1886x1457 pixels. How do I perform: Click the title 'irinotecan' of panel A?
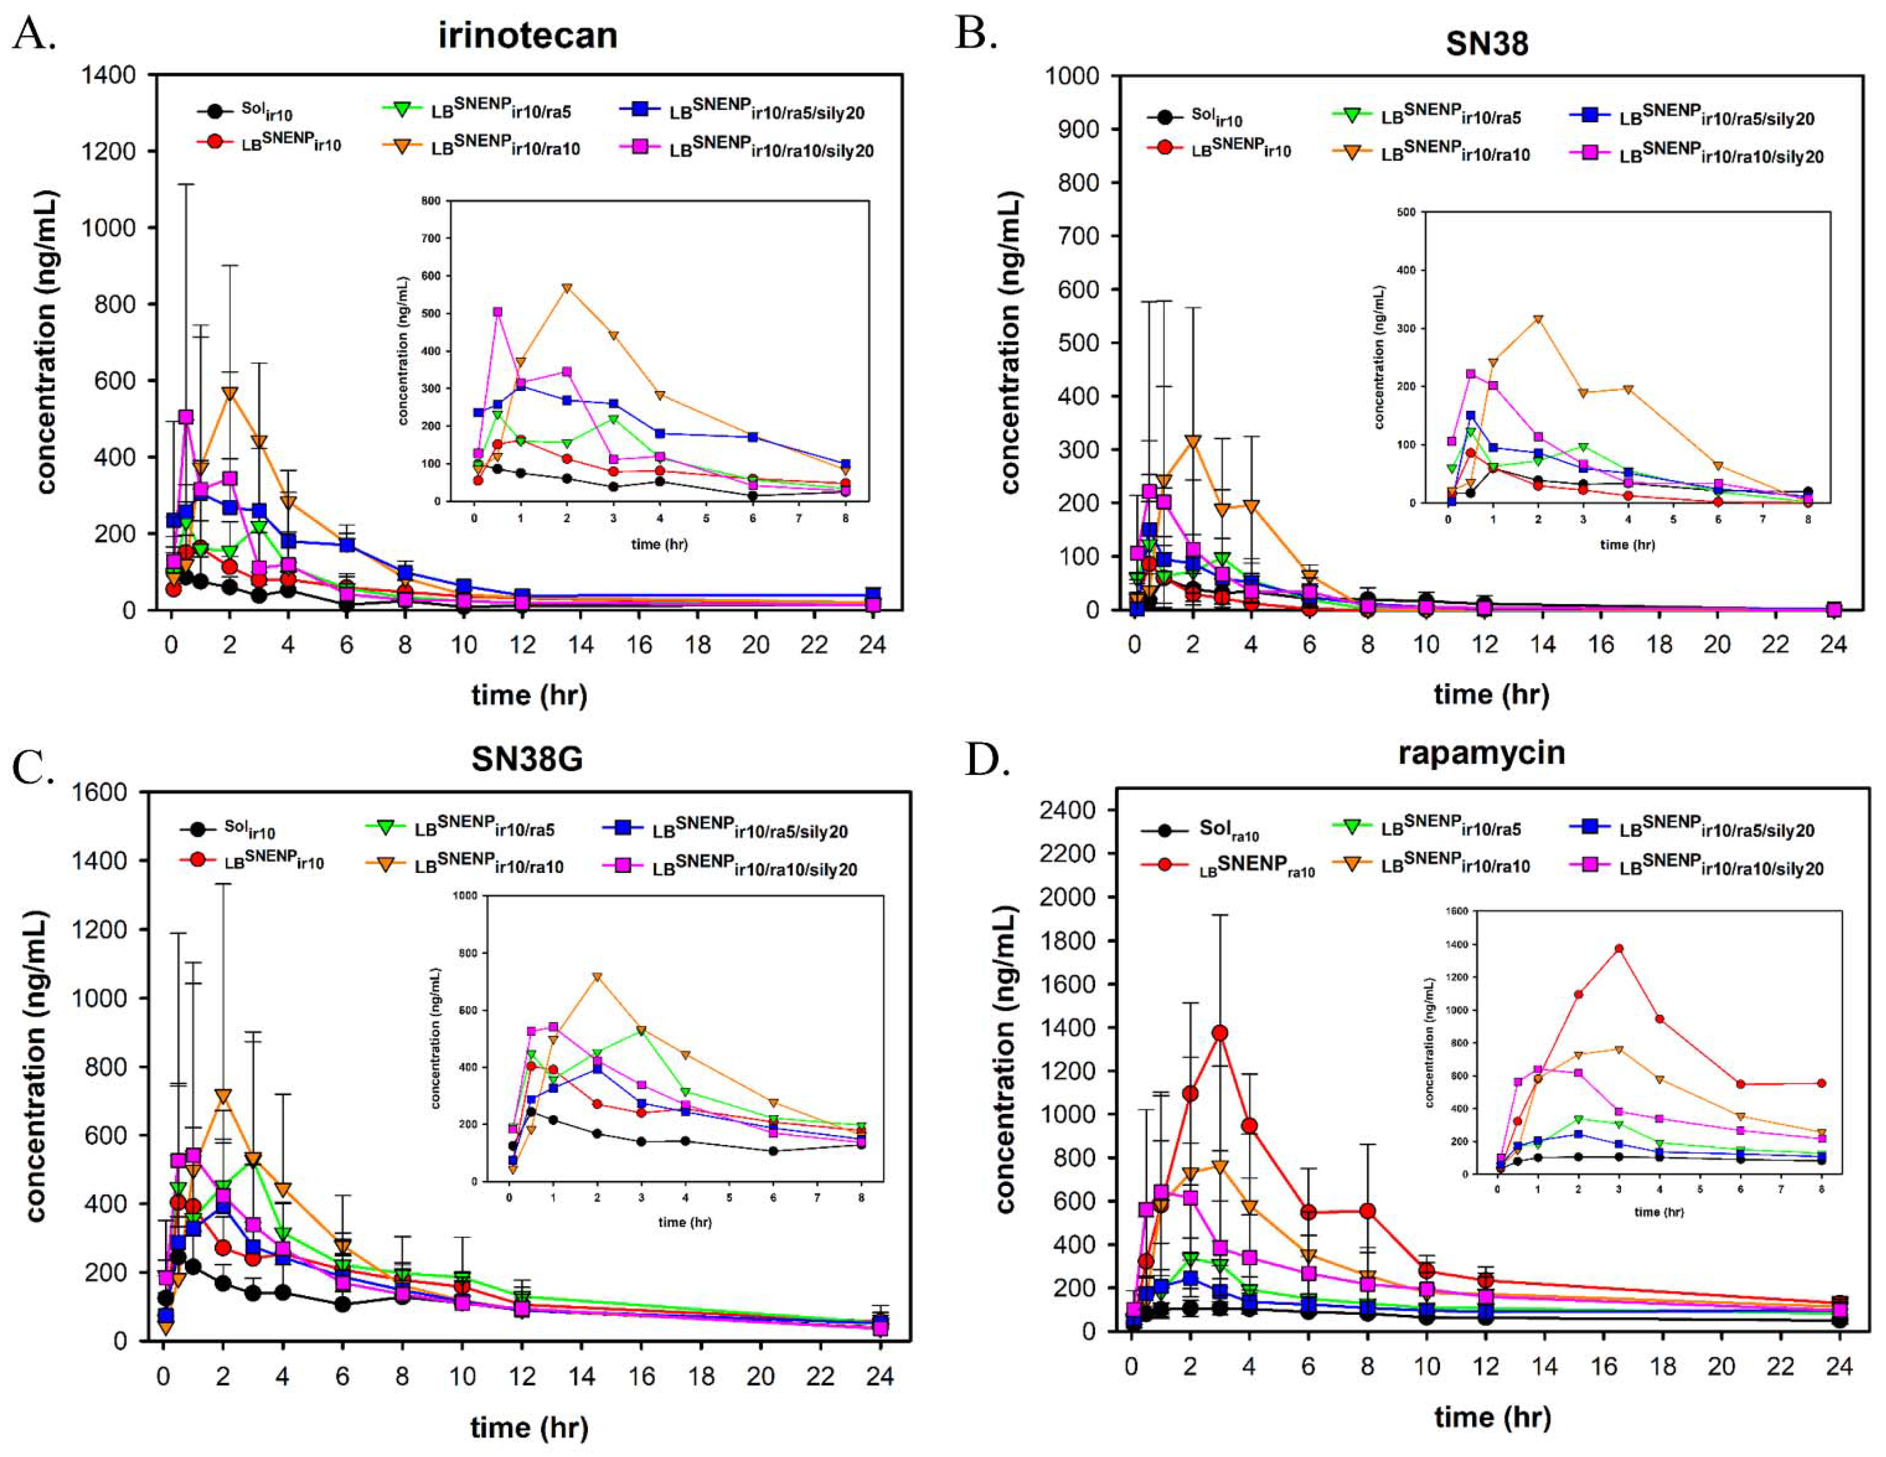tap(528, 35)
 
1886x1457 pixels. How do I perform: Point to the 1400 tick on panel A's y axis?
tap(108, 75)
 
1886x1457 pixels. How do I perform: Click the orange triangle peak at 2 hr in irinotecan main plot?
tap(230, 393)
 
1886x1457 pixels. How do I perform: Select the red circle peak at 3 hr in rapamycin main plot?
tap(1219, 1032)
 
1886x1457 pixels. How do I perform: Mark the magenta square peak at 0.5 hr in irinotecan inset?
tap(498, 312)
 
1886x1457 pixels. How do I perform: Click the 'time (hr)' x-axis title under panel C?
tap(529, 1427)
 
